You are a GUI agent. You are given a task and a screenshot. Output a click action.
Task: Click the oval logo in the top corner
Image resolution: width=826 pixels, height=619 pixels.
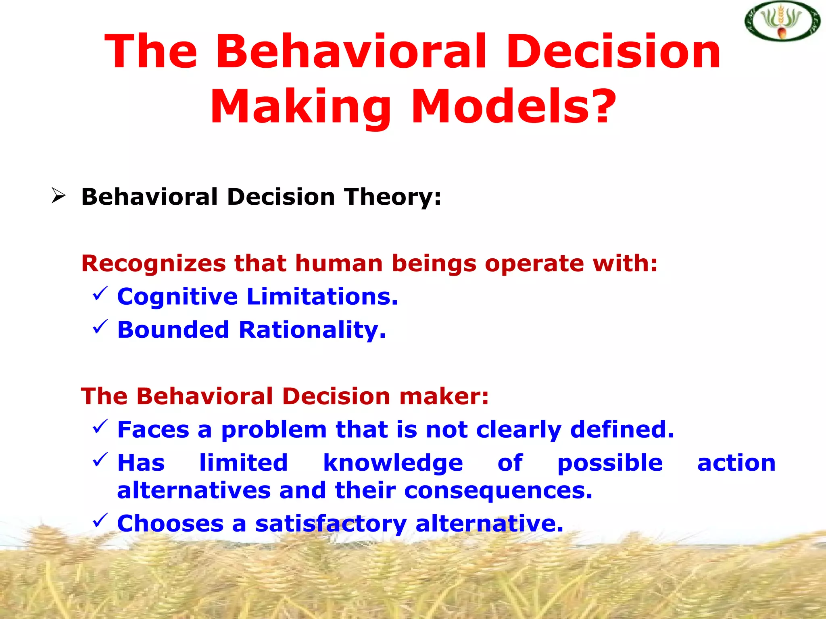782,21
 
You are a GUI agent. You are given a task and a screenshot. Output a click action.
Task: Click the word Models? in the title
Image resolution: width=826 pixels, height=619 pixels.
513,106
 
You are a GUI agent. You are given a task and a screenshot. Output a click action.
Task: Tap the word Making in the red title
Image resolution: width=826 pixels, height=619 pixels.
300,106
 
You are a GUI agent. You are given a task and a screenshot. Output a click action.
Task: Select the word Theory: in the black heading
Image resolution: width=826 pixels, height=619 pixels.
393,197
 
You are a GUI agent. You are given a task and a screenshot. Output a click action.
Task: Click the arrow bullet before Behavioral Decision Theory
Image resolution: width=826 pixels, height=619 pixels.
58,196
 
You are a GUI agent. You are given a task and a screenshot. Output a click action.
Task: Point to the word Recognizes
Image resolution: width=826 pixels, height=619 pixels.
153,264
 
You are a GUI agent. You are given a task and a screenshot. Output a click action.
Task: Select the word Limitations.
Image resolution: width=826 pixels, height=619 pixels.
322,297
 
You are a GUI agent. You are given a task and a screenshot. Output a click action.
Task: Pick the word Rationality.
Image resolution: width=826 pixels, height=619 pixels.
312,330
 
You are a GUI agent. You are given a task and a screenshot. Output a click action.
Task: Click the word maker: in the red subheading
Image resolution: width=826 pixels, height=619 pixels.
444,396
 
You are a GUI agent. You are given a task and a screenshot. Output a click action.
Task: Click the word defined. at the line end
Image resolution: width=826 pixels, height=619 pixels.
622,429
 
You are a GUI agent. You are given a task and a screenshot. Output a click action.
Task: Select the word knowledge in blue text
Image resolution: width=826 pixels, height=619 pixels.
393,463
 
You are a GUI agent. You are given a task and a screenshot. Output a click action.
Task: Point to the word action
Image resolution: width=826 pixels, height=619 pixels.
736,463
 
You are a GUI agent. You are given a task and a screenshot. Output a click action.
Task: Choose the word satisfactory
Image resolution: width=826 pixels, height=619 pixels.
331,524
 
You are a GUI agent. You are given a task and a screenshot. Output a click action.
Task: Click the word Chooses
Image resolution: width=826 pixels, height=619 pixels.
170,524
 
